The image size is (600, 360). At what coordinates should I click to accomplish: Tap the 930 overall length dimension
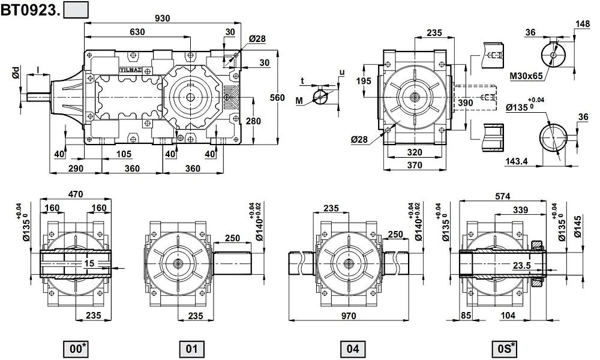pyautogui.click(x=163, y=18)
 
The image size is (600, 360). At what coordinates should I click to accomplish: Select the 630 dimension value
pyautogui.click(x=137, y=32)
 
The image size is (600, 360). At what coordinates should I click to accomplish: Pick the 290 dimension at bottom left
pyautogui.click(x=76, y=169)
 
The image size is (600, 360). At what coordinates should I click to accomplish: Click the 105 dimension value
pyautogui.click(x=124, y=154)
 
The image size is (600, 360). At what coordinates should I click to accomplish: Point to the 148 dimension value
pyautogui.click(x=582, y=24)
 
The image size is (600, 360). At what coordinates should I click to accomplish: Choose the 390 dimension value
pyautogui.click(x=466, y=103)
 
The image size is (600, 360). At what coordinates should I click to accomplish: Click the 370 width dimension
pyautogui.click(x=415, y=165)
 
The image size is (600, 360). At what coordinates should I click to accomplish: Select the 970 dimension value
pyautogui.click(x=348, y=316)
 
